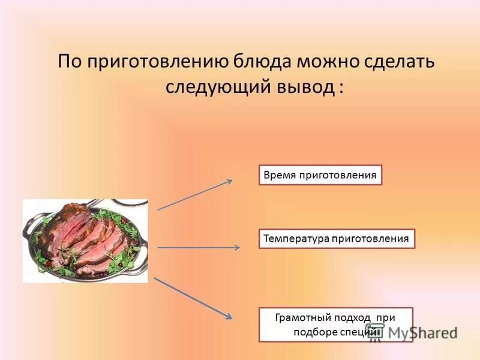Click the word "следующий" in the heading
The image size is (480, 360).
point(219,86)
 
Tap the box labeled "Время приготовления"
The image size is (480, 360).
point(320,175)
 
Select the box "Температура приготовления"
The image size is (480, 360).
point(337,238)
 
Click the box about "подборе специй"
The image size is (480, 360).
point(335,324)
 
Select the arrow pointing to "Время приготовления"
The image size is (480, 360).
point(195,194)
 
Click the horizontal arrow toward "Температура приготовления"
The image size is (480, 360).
point(199,247)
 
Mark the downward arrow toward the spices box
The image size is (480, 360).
point(193,298)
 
